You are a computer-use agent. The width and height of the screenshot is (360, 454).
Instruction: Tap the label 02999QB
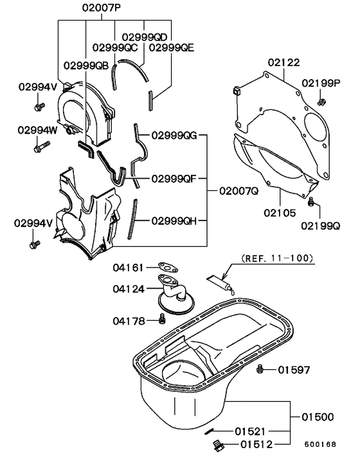86,66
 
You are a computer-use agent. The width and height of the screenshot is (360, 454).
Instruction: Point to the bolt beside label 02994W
39,147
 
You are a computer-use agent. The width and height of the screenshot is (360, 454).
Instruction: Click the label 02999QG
175,136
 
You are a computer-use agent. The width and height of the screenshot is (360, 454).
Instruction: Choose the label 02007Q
237,191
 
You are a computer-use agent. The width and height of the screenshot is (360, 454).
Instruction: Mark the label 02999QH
175,221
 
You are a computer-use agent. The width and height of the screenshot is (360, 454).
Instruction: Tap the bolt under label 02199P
321,100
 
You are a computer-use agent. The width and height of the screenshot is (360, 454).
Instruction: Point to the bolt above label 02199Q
312,204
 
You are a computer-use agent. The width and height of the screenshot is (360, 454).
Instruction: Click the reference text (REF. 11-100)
277,259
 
